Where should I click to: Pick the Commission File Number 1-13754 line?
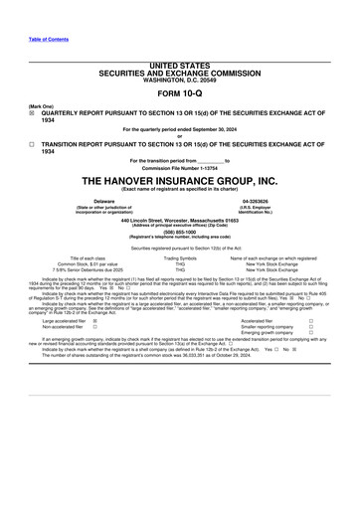pyautogui.click(x=179, y=166)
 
